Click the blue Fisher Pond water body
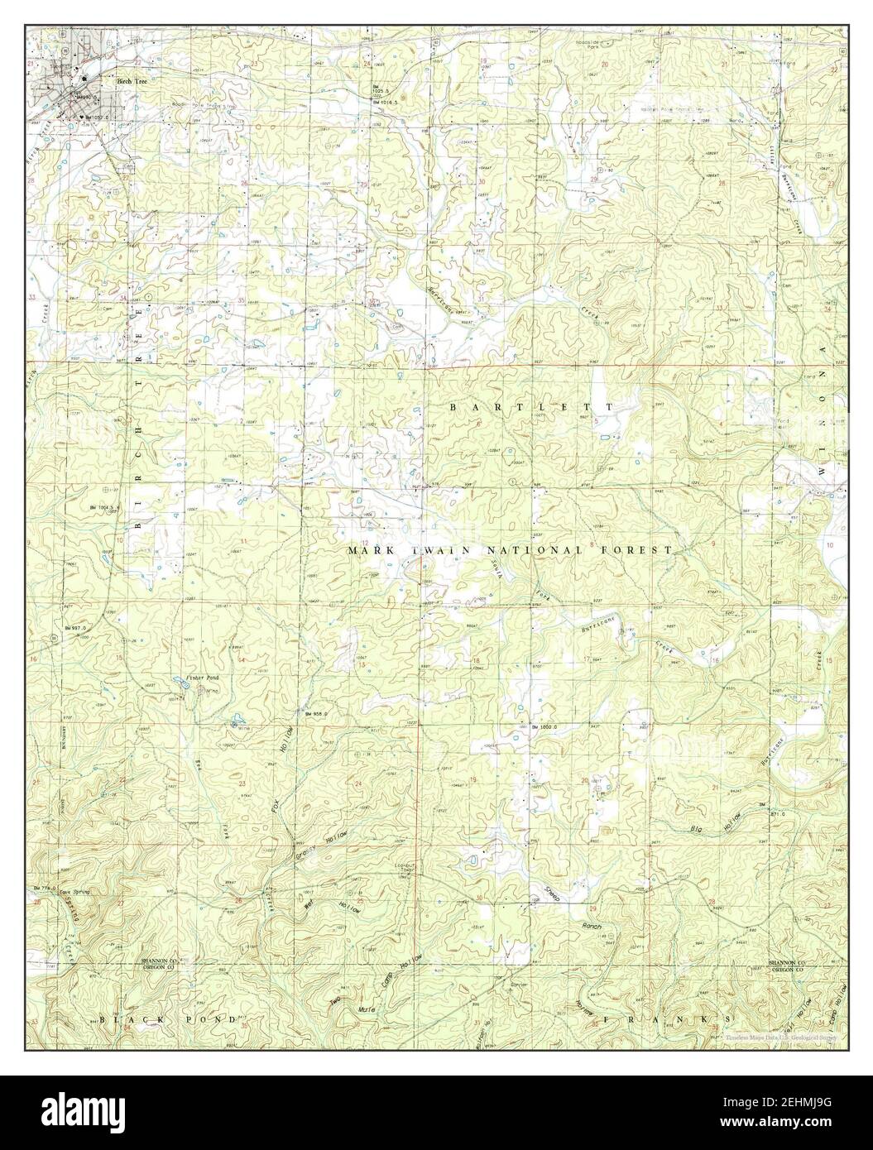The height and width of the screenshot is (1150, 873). (180, 683)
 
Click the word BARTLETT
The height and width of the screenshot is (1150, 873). (531, 407)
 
